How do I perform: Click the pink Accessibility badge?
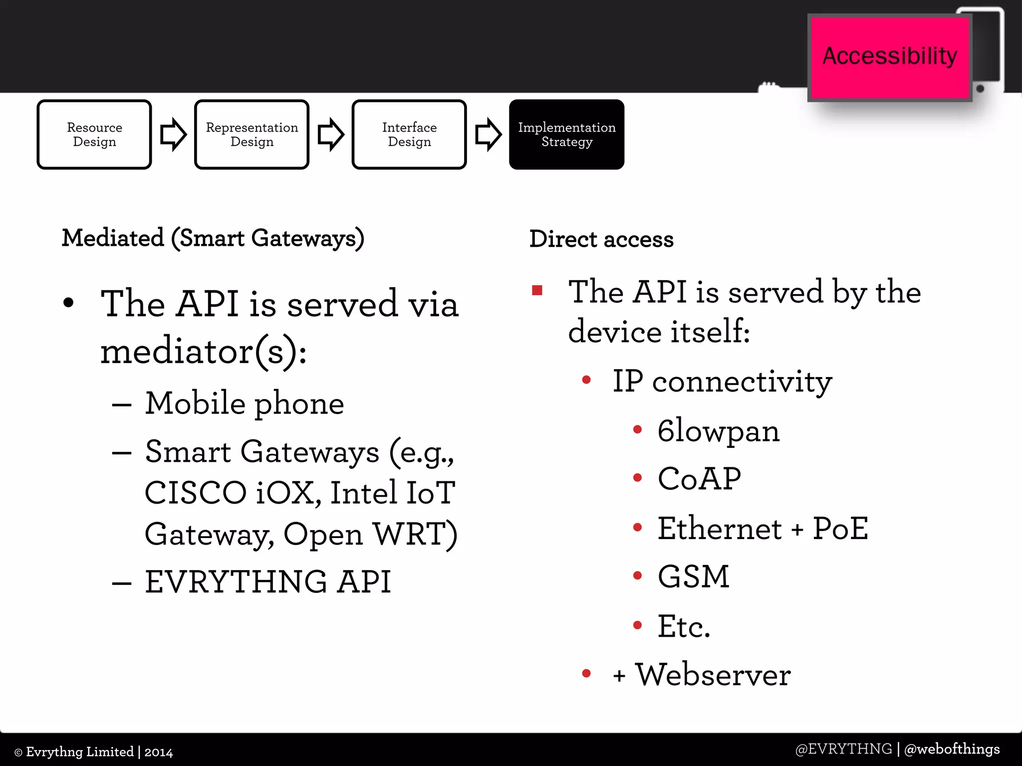click(x=889, y=57)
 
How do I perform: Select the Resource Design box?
click(x=94, y=135)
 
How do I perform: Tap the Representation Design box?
click(x=252, y=135)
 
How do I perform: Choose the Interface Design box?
click(x=409, y=135)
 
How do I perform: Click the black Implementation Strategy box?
click(x=566, y=135)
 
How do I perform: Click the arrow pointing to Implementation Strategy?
click(x=488, y=134)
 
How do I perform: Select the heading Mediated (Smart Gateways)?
click(x=213, y=238)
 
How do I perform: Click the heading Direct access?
click(x=601, y=239)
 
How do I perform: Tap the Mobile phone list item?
click(x=244, y=403)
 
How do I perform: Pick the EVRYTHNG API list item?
click(x=267, y=581)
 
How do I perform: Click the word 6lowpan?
click(x=718, y=431)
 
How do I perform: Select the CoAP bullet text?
click(x=699, y=479)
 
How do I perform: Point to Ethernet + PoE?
click(x=763, y=529)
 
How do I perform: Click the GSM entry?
click(x=693, y=577)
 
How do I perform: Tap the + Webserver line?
click(x=702, y=675)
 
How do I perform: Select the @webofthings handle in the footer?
click(x=952, y=749)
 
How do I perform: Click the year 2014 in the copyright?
click(x=159, y=752)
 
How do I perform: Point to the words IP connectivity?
click(x=722, y=382)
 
